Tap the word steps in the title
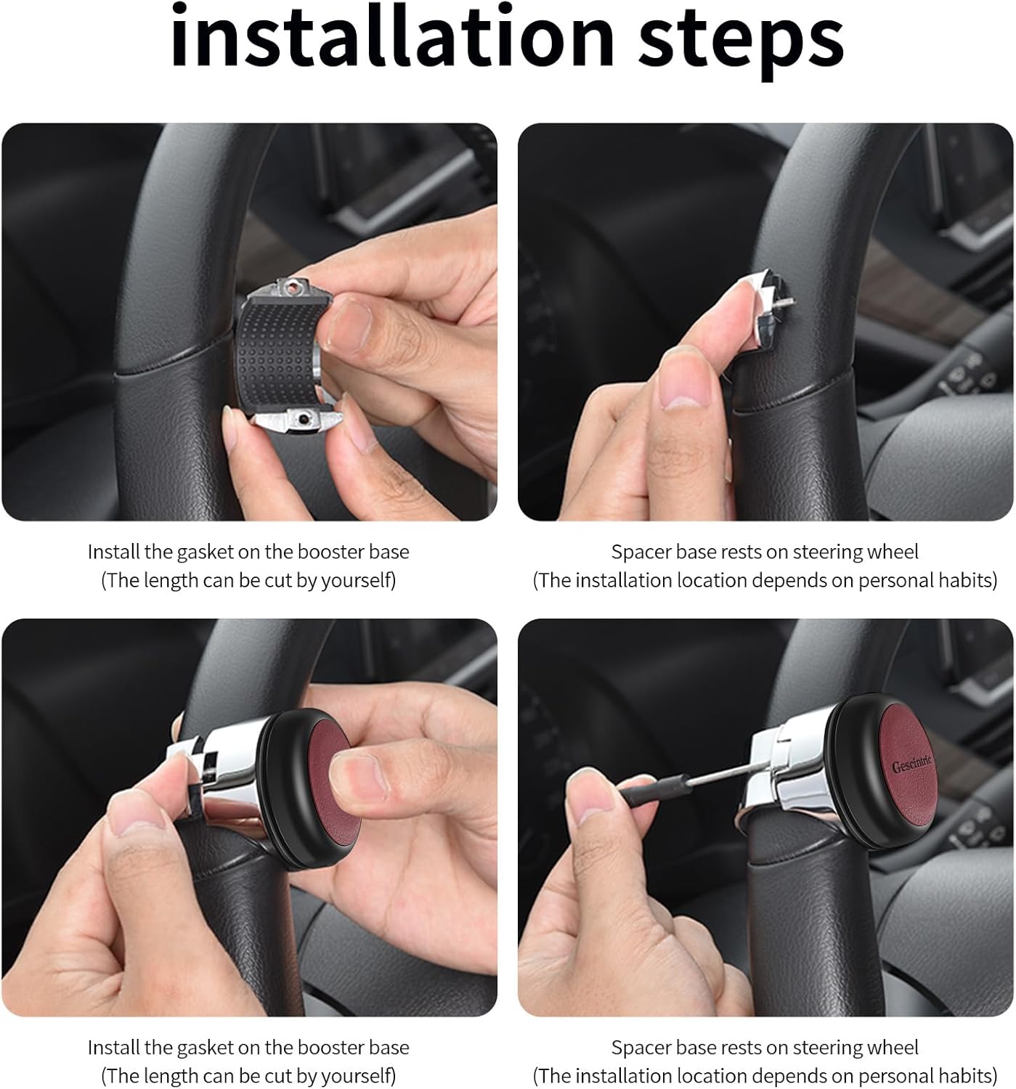tap(741, 43)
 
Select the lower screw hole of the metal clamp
tap(302, 418)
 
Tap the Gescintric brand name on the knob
tap(911, 763)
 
